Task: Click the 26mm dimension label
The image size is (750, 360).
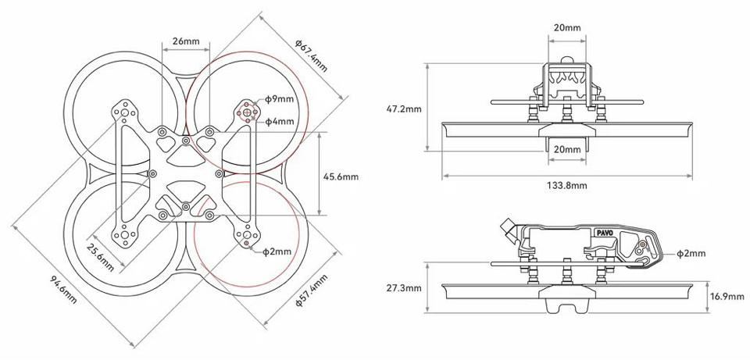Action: tap(186, 41)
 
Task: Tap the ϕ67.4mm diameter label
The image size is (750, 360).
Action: tap(312, 56)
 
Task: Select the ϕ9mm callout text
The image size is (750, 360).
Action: tap(280, 99)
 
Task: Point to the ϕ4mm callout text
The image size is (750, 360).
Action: tap(280, 122)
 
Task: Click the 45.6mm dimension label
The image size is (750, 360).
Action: tap(341, 176)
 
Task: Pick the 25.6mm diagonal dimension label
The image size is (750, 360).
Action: tap(101, 257)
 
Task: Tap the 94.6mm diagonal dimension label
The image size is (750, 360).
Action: tap(63, 289)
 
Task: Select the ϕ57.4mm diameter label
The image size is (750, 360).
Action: tap(312, 290)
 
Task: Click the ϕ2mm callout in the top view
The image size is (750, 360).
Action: tap(277, 251)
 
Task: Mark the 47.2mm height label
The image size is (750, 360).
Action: tap(404, 109)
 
